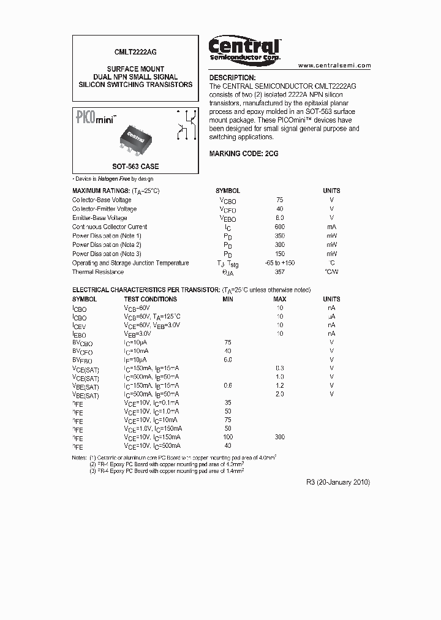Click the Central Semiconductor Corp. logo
(244, 49)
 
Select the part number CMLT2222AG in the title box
(135, 53)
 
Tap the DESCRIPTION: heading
(232, 78)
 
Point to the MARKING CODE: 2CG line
(244, 154)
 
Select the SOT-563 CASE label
(135, 167)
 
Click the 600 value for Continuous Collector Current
(280, 227)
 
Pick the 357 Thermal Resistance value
(280, 272)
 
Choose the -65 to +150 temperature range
(280, 263)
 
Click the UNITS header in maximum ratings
(331, 191)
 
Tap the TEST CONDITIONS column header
(150, 299)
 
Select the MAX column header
(280, 299)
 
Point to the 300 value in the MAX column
(280, 437)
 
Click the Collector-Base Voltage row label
(102, 200)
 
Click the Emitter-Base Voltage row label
(100, 217)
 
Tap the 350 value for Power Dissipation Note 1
(280, 236)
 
